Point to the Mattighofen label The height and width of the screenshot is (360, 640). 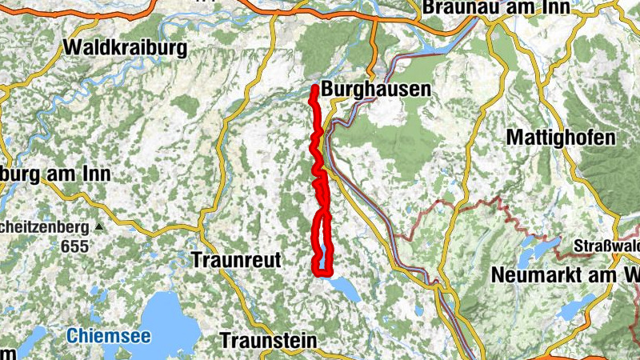point(561,138)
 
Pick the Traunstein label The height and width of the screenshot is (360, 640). point(268,340)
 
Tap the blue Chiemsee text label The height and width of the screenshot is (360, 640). point(109,336)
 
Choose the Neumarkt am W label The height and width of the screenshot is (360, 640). point(565,274)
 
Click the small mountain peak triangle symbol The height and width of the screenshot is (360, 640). point(98,227)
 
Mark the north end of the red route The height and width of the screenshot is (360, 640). point(315,87)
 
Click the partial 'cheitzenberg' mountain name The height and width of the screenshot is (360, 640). point(44,226)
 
